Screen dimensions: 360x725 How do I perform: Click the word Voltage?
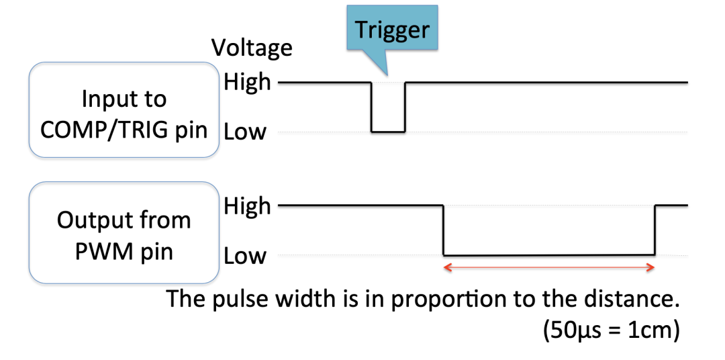coord(252,48)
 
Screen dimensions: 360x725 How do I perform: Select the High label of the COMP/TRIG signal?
coord(247,83)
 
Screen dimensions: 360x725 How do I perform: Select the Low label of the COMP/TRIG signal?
coord(245,132)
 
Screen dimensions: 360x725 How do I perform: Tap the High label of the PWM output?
coord(247,206)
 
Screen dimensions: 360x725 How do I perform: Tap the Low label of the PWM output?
coord(245,256)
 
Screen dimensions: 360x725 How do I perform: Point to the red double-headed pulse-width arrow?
coord(548,267)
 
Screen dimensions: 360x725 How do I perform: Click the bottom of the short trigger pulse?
coord(389,132)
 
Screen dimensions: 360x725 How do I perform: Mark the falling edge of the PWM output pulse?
coord(443,230)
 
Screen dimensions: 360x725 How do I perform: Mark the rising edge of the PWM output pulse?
coord(655,230)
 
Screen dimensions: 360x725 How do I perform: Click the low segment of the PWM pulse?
coord(548,255)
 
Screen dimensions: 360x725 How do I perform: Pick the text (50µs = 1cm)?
coord(608,330)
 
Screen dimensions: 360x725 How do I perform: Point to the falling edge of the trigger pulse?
coord(372,107)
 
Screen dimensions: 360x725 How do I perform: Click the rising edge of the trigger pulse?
coord(405,107)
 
